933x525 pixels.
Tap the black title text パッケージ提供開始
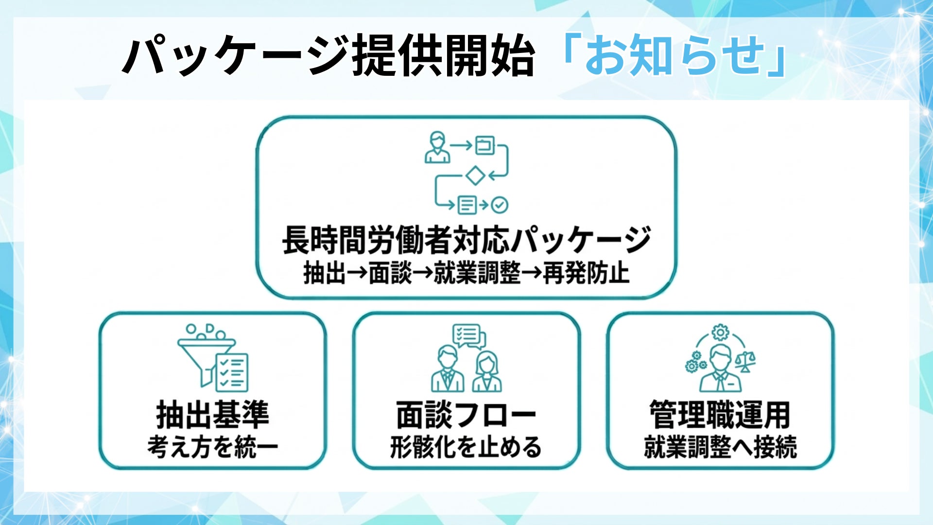[328, 56]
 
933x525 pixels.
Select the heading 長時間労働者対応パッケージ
[466, 240]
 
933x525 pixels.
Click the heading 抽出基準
[213, 415]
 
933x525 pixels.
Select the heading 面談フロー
[466, 415]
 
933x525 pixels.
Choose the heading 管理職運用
[720, 415]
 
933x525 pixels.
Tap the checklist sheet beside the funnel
[232, 372]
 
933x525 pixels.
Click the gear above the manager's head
[720, 332]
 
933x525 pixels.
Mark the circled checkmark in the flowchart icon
[500, 205]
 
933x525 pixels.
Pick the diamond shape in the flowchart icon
[475, 175]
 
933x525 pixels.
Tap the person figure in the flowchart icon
[437, 148]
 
